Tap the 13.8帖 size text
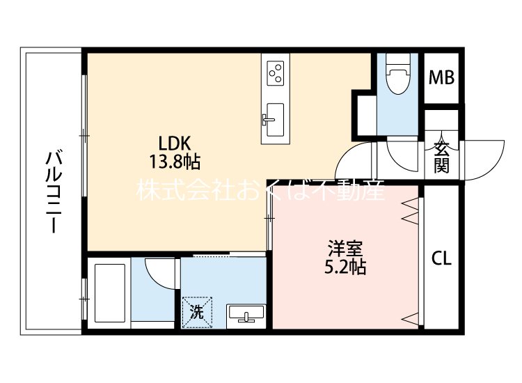coord(174,163)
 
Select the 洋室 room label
coord(345,248)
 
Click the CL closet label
coord(441,258)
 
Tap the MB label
coord(441,77)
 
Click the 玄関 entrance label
coord(441,157)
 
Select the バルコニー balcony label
coord(52,191)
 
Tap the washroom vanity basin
coord(245,315)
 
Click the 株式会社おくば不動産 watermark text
coord(260,191)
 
